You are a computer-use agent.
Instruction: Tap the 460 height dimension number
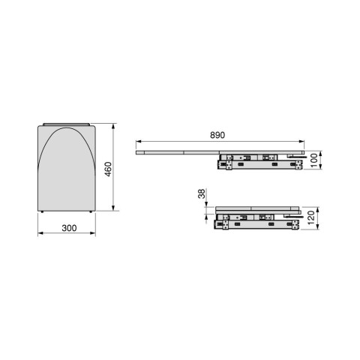[x=108, y=169]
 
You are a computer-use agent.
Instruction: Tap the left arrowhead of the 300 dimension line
[x=40, y=234]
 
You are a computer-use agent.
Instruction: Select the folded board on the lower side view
[x=255, y=208]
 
